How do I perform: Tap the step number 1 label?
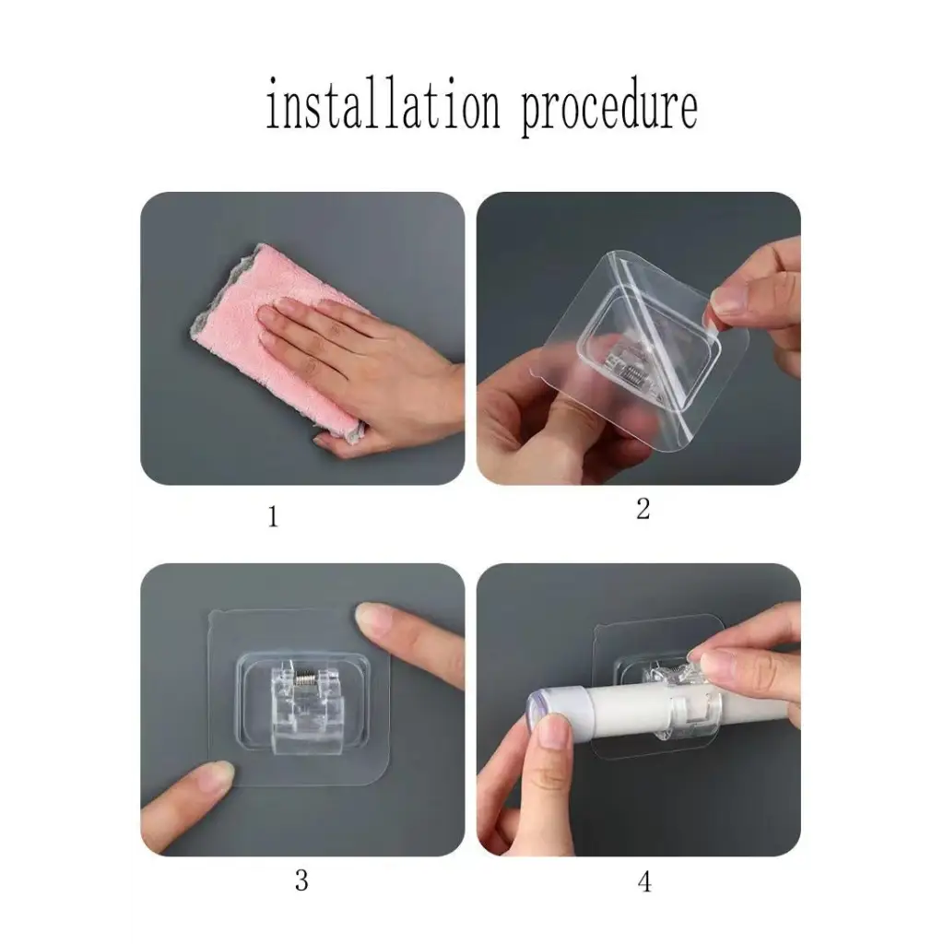click(273, 516)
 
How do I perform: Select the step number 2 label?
click(643, 509)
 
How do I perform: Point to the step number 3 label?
click(301, 880)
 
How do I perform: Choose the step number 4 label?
click(644, 882)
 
